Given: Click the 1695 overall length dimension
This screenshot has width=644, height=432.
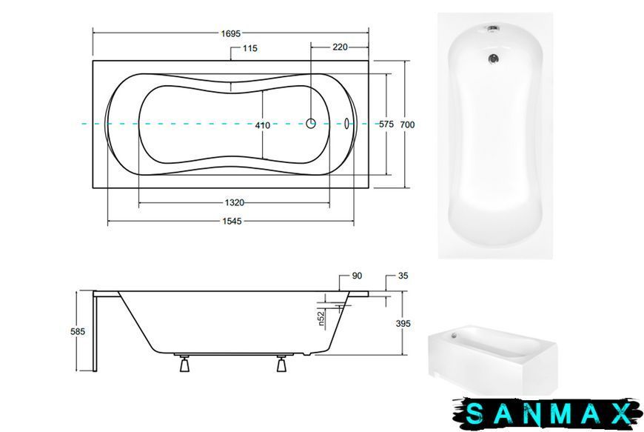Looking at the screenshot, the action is [x=230, y=33].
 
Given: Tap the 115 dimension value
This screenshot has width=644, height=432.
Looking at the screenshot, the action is [x=249, y=48].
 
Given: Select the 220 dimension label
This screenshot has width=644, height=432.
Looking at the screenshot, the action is [x=340, y=47].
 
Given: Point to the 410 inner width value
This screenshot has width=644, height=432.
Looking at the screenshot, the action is [x=263, y=125].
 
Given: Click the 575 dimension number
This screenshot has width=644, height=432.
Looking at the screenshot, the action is [x=386, y=124].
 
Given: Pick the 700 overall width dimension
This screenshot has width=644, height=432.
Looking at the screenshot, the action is [x=407, y=124].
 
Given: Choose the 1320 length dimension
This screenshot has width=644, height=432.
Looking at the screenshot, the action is [x=235, y=202].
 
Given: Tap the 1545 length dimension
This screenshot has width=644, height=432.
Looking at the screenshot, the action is [x=232, y=222].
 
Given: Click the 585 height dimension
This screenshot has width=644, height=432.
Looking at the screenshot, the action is [x=78, y=331].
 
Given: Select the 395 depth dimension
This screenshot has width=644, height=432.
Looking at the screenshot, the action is [x=403, y=324].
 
